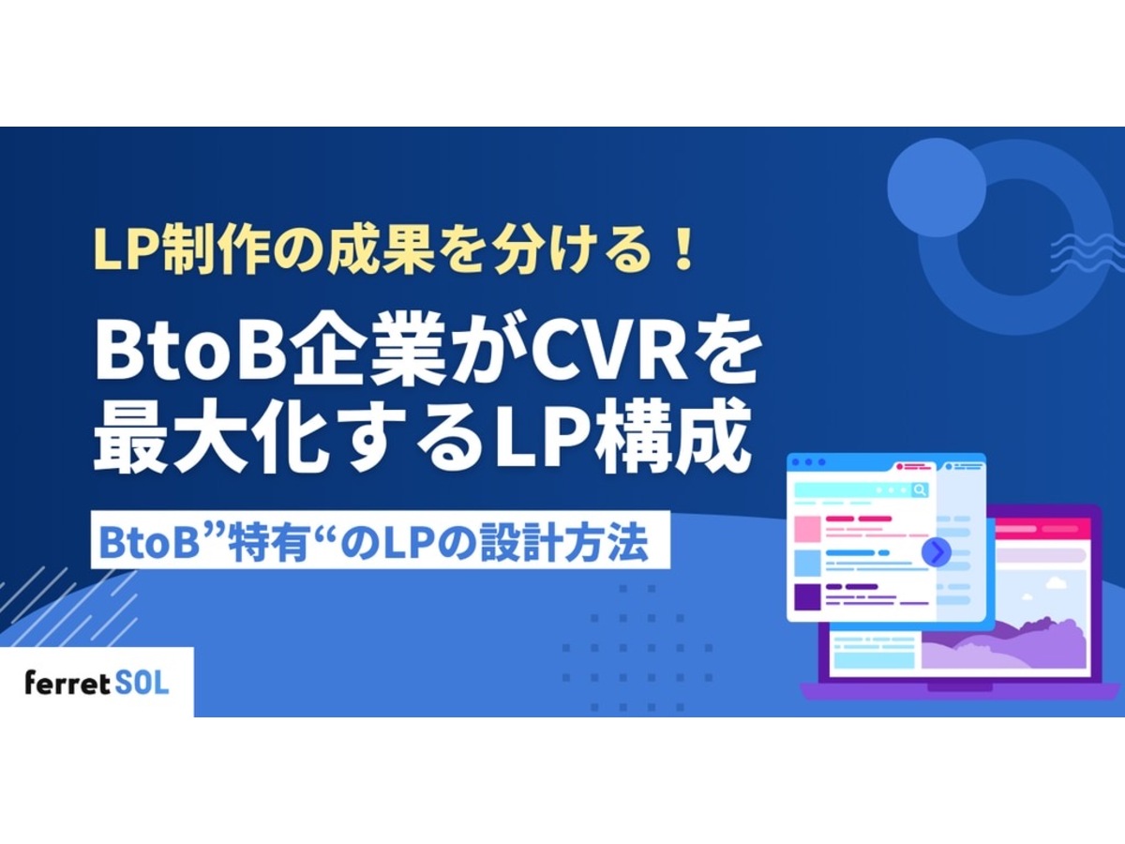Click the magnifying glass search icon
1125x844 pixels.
[920, 490]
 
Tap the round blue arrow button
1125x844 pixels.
[935, 552]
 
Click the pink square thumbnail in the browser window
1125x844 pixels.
[807, 528]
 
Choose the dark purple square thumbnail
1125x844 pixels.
[807, 596]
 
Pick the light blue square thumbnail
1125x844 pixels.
[807, 563]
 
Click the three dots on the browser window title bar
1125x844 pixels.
[809, 462]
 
